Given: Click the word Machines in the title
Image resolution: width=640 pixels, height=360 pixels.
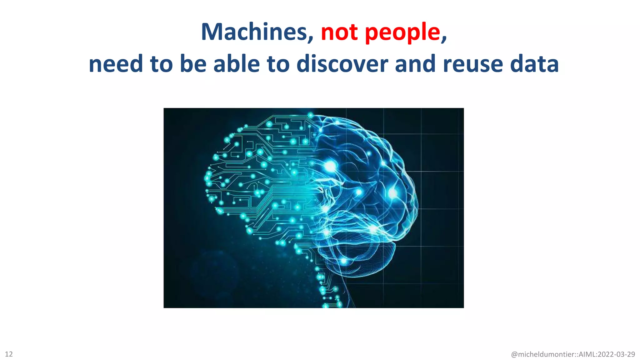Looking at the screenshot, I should [254, 32].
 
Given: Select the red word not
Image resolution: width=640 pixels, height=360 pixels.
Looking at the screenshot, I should [339, 32].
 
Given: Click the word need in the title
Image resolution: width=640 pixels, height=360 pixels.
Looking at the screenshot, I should [116, 64].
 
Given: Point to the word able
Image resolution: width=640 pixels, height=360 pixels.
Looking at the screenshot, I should [237, 64].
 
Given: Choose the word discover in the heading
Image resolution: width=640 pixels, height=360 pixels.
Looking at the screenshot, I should [342, 64].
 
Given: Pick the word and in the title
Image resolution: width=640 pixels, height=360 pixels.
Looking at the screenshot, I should [415, 64].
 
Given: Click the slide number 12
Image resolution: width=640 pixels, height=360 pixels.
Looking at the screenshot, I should [9, 354].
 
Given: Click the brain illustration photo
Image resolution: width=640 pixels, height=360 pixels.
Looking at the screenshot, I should [313, 208].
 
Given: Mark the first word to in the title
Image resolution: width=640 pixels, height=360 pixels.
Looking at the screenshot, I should [162, 64].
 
